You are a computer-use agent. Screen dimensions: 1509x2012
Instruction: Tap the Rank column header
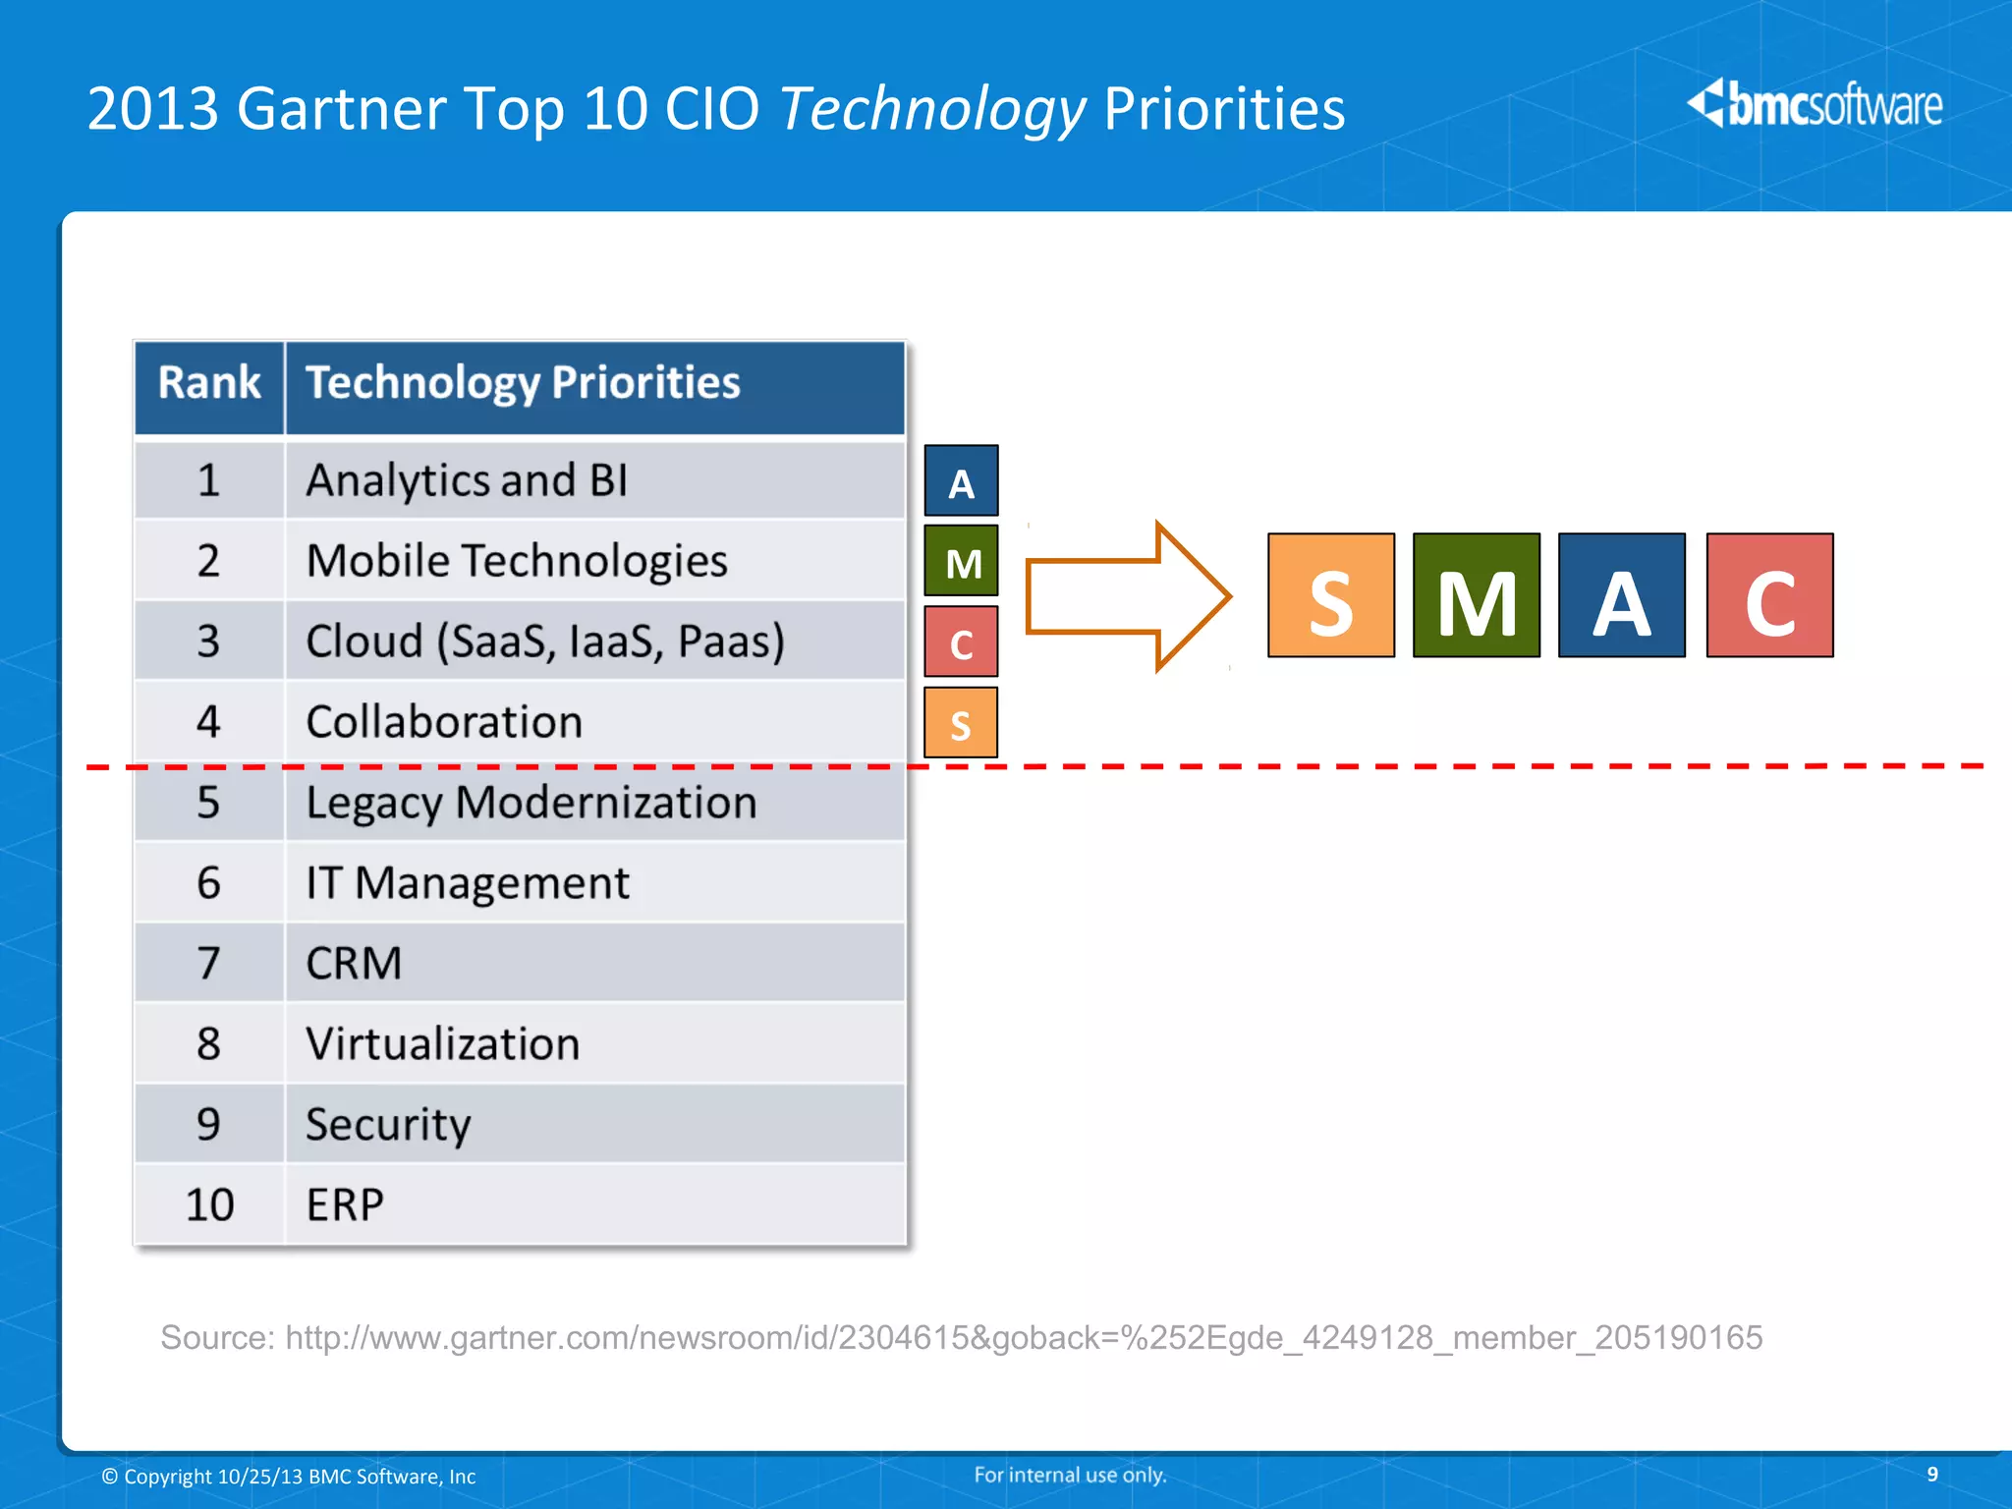click(209, 383)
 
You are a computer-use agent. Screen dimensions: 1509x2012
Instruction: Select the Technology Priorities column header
click(523, 383)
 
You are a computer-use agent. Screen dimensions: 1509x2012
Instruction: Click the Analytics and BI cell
click(467, 480)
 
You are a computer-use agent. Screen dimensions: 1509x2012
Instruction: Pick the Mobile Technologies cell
click(517, 561)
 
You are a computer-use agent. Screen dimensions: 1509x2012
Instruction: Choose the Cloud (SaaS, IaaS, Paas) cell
click(545, 642)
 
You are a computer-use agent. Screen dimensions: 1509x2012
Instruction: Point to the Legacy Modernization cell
click(531, 803)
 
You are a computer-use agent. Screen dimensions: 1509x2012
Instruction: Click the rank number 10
click(209, 1204)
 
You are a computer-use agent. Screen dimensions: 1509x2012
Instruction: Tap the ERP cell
click(345, 1204)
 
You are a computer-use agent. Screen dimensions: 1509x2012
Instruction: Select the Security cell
click(388, 1124)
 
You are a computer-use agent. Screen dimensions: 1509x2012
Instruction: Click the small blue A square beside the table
click(961, 480)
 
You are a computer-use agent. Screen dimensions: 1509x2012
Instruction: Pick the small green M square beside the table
click(961, 561)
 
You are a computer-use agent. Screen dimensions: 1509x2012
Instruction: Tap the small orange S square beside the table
click(961, 722)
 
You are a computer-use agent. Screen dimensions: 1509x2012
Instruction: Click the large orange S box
click(1330, 595)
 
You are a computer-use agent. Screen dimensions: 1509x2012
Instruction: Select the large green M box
click(1476, 595)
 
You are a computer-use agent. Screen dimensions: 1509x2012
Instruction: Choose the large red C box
click(1769, 595)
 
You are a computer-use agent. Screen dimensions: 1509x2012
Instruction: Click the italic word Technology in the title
click(932, 108)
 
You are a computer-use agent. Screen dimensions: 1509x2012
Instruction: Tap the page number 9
click(1931, 1474)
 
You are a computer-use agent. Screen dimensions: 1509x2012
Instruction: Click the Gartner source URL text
click(1023, 1337)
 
